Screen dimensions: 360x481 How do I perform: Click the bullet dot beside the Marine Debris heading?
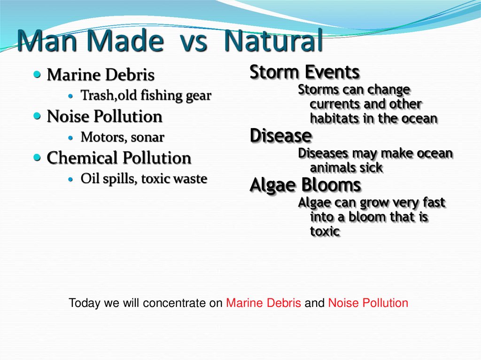pos(38,74)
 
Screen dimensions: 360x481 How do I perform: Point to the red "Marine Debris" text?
pos(264,303)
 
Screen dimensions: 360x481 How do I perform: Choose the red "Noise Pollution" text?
pos(368,303)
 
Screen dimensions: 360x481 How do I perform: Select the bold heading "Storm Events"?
pos(304,72)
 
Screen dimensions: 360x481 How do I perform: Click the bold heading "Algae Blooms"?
pos(305,185)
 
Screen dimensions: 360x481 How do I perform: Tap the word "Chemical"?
pos(83,158)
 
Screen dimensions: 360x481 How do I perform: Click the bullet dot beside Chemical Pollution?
pos(38,157)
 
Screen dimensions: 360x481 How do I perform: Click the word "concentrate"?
pos(175,303)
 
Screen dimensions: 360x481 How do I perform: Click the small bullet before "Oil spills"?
pos(71,180)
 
